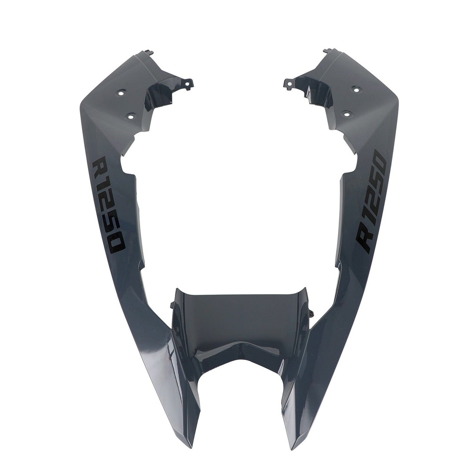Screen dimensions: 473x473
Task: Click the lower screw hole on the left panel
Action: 131,116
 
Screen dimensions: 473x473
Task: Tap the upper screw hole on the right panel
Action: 355,89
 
